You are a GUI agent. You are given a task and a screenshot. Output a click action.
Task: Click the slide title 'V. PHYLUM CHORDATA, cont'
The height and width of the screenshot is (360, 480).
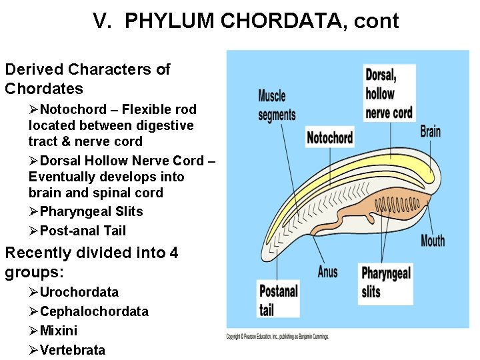tap(246, 21)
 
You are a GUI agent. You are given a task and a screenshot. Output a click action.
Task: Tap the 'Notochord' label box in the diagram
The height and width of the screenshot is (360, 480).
tap(329, 138)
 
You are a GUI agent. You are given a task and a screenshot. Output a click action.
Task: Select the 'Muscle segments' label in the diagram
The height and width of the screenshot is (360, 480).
tap(277, 105)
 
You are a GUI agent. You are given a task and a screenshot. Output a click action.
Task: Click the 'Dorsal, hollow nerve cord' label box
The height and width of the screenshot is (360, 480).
tap(389, 93)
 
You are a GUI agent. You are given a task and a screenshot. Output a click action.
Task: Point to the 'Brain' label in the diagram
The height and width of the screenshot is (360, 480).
tap(430, 131)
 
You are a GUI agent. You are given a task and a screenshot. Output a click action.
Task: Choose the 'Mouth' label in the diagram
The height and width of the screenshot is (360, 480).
tap(433, 240)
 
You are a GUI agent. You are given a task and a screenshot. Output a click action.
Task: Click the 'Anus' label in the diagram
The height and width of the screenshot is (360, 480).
tap(327, 271)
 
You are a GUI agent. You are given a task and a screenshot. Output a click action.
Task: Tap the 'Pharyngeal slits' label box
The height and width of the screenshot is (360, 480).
tap(385, 282)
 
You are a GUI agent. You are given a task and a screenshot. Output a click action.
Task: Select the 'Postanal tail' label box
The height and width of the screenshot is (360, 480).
tap(278, 299)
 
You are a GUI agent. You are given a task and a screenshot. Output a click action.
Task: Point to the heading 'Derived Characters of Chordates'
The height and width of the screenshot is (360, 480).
tap(87, 79)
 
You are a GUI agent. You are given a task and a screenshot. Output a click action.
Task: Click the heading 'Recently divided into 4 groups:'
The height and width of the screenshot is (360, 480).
tap(91, 262)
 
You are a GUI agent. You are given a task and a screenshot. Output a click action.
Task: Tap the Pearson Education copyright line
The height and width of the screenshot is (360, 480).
tap(277, 337)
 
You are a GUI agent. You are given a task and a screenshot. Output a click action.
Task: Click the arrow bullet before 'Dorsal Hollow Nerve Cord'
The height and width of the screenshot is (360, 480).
tap(34, 161)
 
